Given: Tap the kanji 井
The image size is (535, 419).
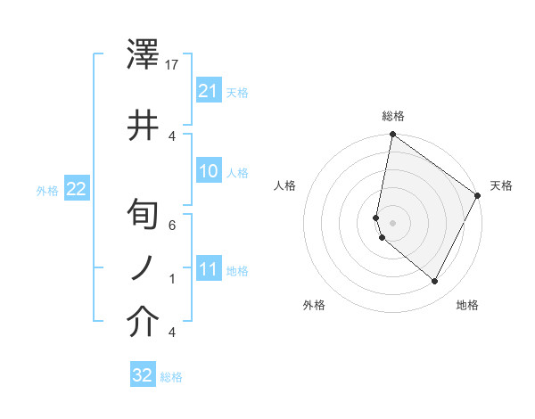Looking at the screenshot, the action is pyautogui.click(x=144, y=125).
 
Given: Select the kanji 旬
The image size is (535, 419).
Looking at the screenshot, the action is pyautogui.click(x=144, y=215).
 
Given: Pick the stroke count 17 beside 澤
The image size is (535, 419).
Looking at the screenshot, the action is pyautogui.click(x=173, y=65).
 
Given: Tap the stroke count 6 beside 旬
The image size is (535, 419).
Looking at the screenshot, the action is pyautogui.click(x=172, y=225).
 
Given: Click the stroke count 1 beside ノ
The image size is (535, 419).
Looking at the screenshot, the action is pyautogui.click(x=172, y=279).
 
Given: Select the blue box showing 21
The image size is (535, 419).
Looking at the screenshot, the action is pyautogui.click(x=209, y=91).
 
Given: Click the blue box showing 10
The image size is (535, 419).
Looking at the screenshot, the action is pyautogui.click(x=209, y=171).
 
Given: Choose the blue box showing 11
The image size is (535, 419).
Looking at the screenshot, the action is pyautogui.click(x=209, y=269).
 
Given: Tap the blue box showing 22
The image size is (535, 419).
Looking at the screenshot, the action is pyautogui.click(x=76, y=189).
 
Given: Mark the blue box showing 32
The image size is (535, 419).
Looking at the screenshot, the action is pyautogui.click(x=143, y=375).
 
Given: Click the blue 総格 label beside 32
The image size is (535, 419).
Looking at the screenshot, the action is pyautogui.click(x=171, y=377).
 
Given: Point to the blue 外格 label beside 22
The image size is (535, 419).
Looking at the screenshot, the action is pyautogui.click(x=47, y=190).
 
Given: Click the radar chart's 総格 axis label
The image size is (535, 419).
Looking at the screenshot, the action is pyautogui.click(x=393, y=116).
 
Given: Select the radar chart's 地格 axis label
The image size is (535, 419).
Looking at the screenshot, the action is pyautogui.click(x=467, y=305).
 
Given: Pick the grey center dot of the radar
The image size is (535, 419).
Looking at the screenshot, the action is pyautogui.click(x=393, y=222).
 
